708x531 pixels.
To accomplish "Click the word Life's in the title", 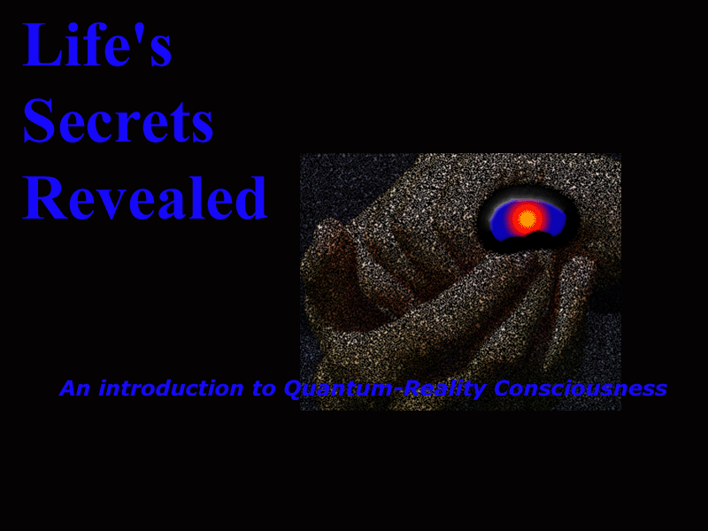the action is coord(96,44).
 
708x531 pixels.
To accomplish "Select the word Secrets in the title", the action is coord(118,120).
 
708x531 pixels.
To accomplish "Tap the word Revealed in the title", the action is coord(145,197).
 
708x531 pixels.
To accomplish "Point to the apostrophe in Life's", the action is coord(138,30).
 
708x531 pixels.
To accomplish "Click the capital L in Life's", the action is coord(40,44).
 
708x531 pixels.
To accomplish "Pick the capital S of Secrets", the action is coord(38,120).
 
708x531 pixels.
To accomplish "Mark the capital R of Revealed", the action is coord(45,197).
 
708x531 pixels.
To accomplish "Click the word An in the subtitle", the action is coord(75,389).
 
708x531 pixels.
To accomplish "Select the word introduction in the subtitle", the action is coord(171,389).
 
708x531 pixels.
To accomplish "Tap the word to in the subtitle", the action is coord(264,389).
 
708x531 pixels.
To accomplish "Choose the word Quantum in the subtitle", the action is coord(340,389).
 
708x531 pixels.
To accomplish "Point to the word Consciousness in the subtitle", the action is coord(581,389).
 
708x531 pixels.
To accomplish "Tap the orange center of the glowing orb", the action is coord(527,219).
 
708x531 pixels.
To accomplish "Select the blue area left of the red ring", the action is coord(500,221).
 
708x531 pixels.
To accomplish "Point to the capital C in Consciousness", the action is coord(504,389).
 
